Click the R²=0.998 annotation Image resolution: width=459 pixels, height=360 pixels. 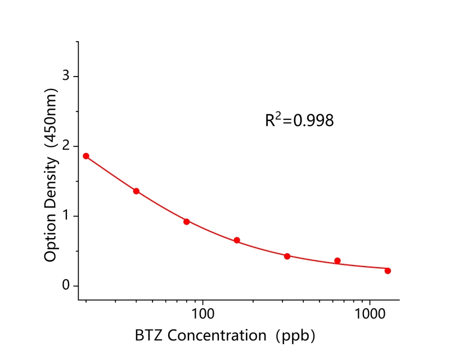point(299,120)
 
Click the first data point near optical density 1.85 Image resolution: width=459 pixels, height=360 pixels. point(86,156)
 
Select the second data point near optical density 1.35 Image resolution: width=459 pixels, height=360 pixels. point(136,191)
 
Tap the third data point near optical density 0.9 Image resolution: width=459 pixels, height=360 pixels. point(186,222)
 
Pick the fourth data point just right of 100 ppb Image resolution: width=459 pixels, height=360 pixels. point(237,240)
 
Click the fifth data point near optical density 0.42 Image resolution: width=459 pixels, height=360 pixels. point(287,256)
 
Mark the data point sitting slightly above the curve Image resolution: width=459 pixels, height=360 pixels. point(337,260)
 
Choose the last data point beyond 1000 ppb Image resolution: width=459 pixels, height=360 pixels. point(388,271)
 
